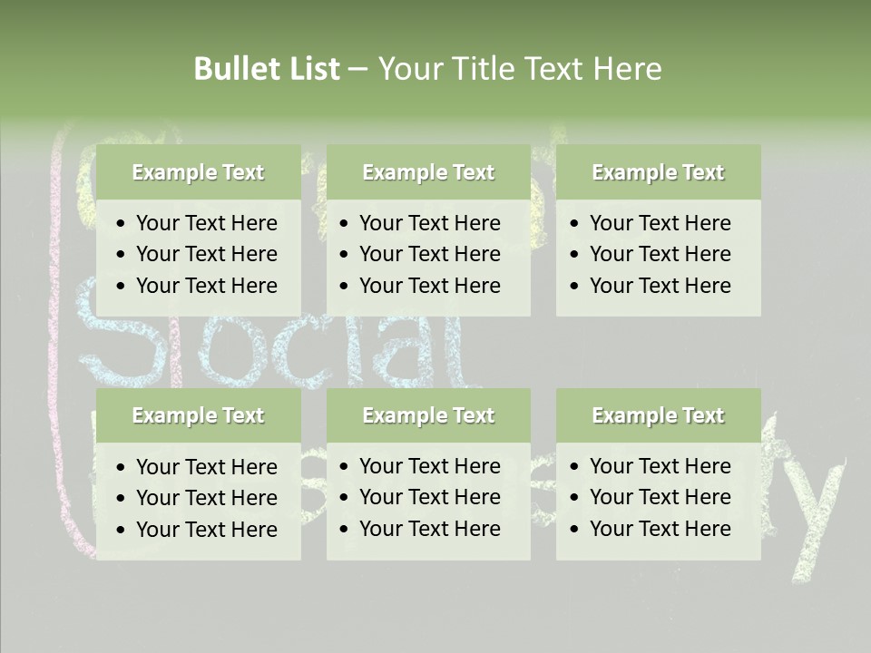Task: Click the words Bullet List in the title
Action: [x=267, y=69]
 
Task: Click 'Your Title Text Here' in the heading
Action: [x=519, y=69]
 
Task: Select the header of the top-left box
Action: [x=198, y=172]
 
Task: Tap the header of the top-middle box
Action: [x=428, y=172]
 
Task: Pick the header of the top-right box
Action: [x=658, y=172]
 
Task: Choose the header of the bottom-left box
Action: [x=198, y=415]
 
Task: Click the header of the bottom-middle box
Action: [x=428, y=415]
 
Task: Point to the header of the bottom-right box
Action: [x=658, y=415]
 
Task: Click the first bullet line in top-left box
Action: [x=206, y=223]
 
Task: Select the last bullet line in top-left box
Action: [x=206, y=286]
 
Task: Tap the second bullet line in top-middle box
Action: [x=429, y=254]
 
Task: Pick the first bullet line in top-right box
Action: [x=660, y=223]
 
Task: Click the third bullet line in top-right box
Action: [x=660, y=286]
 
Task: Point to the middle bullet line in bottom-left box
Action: [x=206, y=498]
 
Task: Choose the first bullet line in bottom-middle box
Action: [x=429, y=466]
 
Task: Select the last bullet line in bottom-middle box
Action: [x=429, y=529]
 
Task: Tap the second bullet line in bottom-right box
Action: [x=660, y=497]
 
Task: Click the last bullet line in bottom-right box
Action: [x=660, y=529]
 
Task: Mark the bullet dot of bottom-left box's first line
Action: [x=122, y=468]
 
